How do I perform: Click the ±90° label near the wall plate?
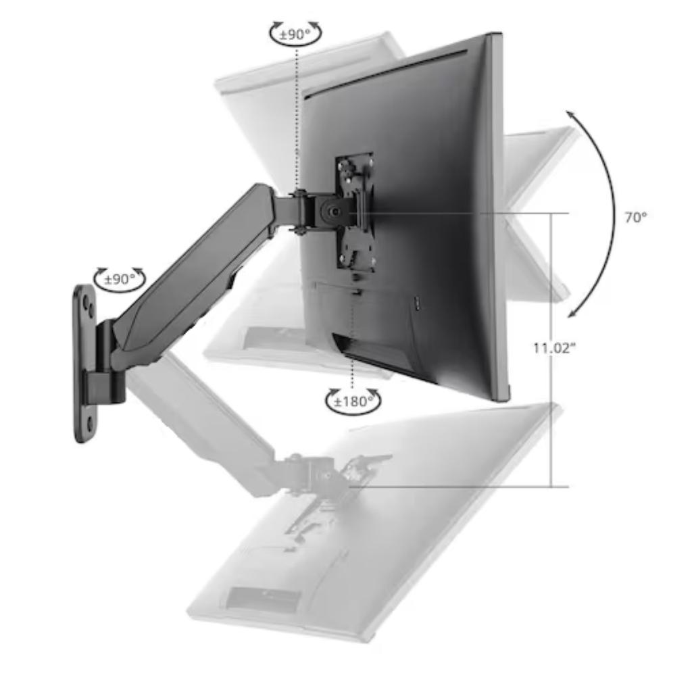click(120, 279)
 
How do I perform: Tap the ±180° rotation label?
click(353, 401)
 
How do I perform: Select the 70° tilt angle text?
click(635, 217)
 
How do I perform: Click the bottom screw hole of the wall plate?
click(90, 424)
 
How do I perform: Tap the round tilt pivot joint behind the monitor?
click(333, 211)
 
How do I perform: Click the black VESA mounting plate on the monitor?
click(354, 211)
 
